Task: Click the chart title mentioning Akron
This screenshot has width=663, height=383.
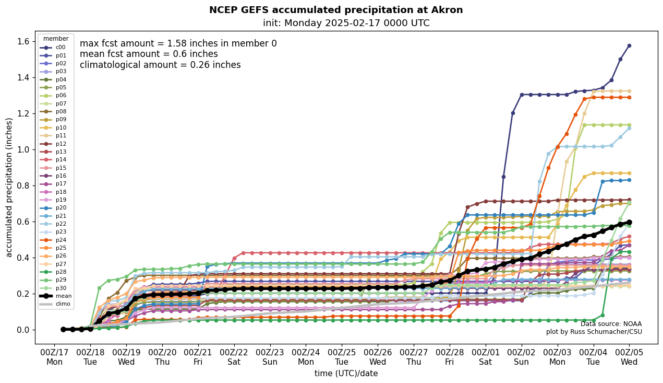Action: coord(336,10)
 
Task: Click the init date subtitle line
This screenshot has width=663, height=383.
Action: coord(346,23)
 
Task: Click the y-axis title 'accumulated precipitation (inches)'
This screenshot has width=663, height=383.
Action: coord(9,187)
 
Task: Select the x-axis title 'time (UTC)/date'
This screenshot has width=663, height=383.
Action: coord(346,373)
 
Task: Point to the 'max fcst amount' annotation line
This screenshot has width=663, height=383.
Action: coord(178,43)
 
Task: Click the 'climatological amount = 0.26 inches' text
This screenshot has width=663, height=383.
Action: coord(160,65)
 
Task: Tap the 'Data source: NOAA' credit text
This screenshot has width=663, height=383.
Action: coord(611,324)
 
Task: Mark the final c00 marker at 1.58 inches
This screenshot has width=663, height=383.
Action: coord(629,46)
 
